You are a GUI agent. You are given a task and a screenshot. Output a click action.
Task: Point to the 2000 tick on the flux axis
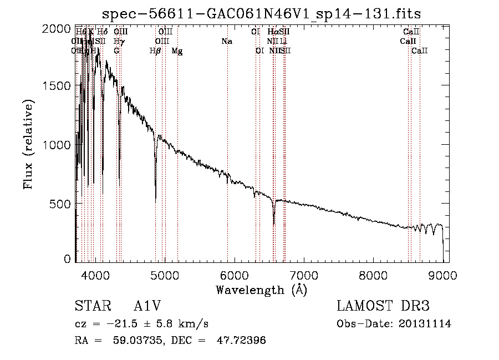(x=63, y=28)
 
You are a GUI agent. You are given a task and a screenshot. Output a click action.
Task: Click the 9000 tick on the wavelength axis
(x=443, y=275)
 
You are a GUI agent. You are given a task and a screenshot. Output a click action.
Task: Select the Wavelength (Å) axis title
(x=261, y=289)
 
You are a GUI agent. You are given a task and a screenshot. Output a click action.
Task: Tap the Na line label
(x=226, y=42)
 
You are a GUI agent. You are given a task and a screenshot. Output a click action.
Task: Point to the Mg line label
(x=177, y=51)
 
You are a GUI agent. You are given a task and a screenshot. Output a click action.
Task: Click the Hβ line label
(x=155, y=51)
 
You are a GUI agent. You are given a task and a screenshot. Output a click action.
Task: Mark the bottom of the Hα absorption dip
(x=274, y=224)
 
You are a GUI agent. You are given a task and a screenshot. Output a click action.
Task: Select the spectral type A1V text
(x=147, y=307)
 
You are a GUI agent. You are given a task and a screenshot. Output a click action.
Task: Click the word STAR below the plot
(x=90, y=307)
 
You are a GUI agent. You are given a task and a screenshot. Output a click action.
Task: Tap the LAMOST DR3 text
(x=383, y=307)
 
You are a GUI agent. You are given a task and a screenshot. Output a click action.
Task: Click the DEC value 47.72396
(x=240, y=341)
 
